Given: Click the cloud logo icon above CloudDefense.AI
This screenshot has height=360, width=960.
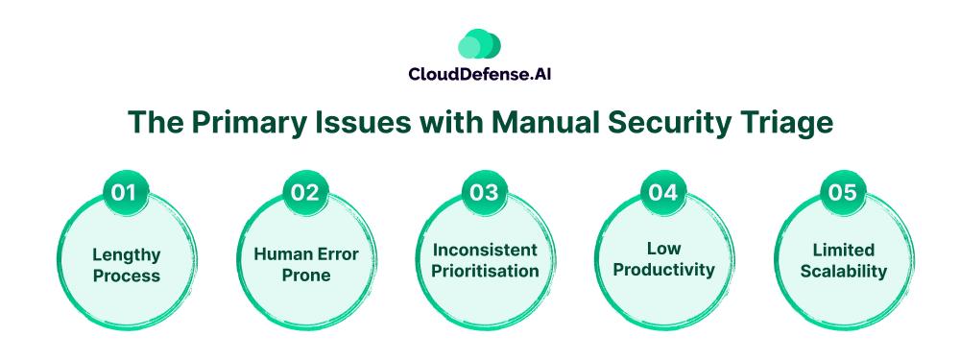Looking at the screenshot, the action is click(x=479, y=44).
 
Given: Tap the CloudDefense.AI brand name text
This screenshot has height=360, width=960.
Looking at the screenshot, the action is click(x=479, y=74).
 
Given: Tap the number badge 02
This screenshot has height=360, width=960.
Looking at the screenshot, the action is click(x=304, y=192).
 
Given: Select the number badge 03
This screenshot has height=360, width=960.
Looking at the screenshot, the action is click(x=484, y=192).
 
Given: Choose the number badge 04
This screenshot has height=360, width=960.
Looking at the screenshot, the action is click(x=663, y=192).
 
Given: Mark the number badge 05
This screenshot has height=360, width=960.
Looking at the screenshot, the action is click(x=842, y=192).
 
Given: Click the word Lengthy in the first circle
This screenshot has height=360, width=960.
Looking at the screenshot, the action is click(x=127, y=254).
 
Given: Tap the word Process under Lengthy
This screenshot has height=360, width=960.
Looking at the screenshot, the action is click(x=127, y=276).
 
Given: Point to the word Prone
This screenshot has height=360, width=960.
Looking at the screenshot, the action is click(x=306, y=275).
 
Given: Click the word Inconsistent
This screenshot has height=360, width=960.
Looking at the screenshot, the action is click(x=485, y=250).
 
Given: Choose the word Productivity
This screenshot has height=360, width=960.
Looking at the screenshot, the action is click(x=664, y=270).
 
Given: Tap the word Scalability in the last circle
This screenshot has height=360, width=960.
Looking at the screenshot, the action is click(x=844, y=272).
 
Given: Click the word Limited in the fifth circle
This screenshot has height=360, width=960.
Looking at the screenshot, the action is click(x=844, y=250).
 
